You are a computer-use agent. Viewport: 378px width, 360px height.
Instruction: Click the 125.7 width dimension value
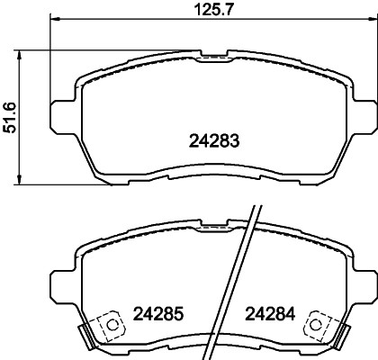214,10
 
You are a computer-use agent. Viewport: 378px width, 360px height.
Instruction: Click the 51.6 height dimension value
9,118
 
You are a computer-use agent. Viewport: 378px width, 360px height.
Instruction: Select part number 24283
214,140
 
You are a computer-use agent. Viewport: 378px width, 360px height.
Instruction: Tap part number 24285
157,314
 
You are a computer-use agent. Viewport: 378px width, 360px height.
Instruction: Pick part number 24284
270,314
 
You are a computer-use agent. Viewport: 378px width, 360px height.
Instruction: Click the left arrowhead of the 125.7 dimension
55,19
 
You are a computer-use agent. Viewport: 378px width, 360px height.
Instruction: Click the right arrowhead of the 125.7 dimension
372,19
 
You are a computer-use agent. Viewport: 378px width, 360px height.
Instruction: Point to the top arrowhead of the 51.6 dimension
20,56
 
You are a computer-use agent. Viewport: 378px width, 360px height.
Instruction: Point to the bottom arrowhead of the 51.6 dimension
20,179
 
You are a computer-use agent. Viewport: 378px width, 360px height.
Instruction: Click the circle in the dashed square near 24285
112,325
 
